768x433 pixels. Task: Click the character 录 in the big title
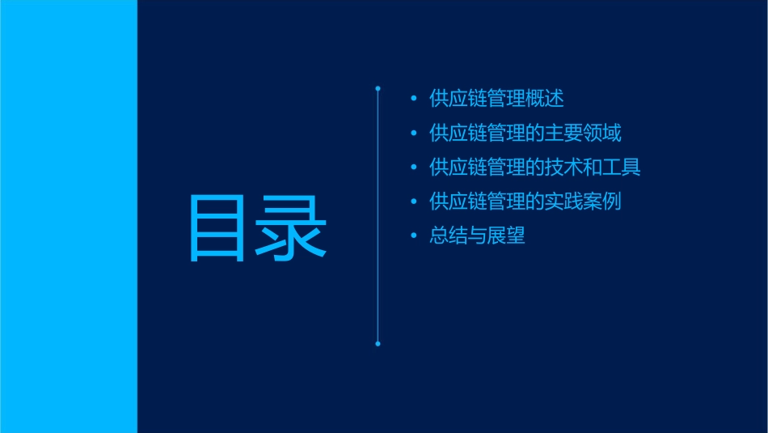292,229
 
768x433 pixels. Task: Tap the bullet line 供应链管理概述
496,99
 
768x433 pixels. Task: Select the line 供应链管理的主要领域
525,133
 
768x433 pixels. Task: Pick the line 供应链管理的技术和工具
535,168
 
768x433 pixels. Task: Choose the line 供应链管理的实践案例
525,202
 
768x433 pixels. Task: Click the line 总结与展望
477,236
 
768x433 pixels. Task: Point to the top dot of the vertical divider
378,87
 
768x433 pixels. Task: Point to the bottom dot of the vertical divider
378,344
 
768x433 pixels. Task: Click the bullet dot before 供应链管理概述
414,100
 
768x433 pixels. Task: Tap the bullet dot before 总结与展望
414,236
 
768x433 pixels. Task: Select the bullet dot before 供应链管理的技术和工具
414,168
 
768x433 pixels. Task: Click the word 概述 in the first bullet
544,99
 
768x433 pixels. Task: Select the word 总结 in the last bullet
449,236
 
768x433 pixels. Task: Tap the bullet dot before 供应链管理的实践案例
414,202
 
